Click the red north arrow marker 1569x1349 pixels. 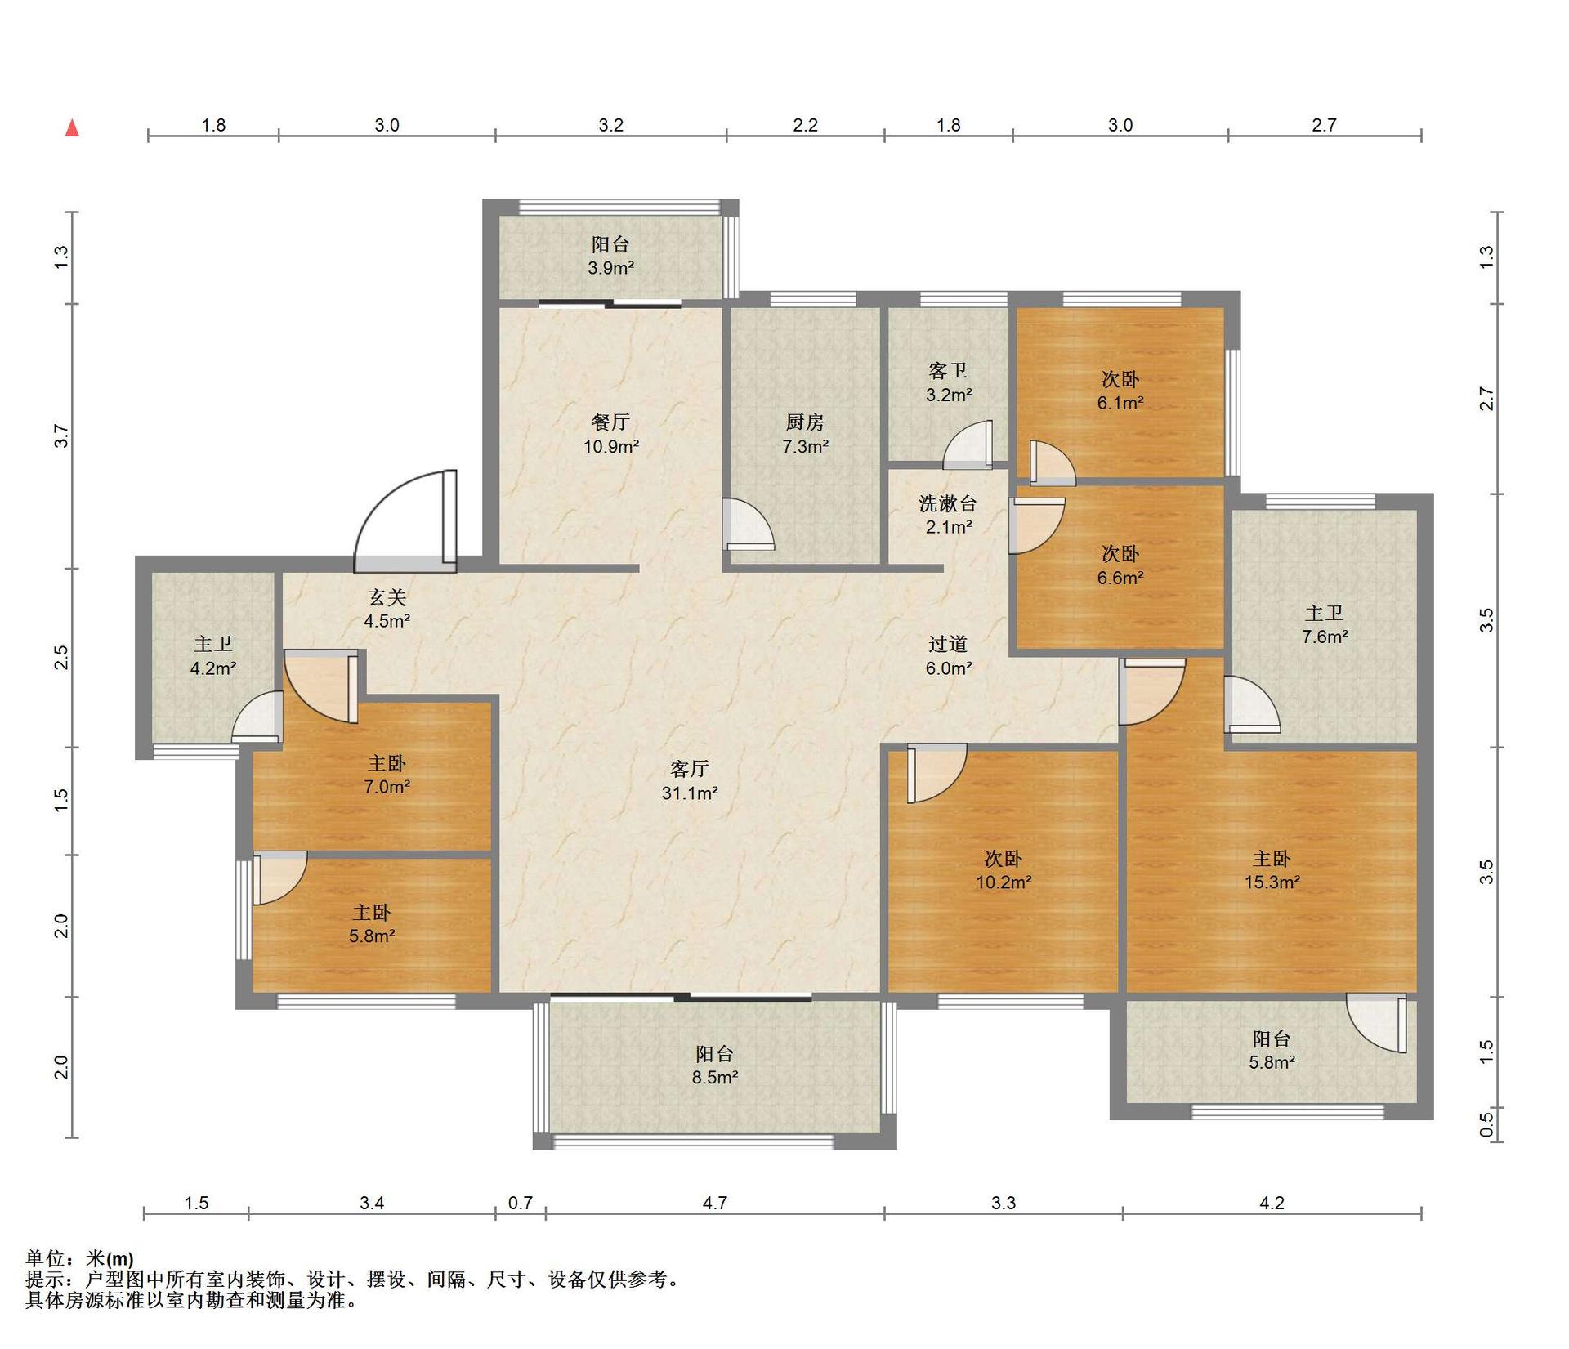point(73,127)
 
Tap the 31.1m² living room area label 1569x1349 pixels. point(690,793)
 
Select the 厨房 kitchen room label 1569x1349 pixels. point(805,422)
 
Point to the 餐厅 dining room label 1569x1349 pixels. point(610,422)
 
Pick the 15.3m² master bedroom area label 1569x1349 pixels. point(1272,882)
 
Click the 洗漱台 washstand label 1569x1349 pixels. point(948,504)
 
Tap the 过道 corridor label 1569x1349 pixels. point(948,645)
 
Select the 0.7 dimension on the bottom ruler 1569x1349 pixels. point(521,1203)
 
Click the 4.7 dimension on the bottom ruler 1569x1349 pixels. point(715,1203)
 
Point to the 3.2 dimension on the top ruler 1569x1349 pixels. point(611,125)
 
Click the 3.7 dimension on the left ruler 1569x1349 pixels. point(61,436)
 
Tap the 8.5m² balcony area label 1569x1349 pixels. point(715,1078)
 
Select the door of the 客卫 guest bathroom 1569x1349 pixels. point(968,446)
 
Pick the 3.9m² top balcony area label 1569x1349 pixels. point(611,268)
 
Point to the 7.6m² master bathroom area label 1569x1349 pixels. point(1325,637)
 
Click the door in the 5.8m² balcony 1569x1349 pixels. point(1377,1023)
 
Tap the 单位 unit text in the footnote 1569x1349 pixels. point(45,1258)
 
